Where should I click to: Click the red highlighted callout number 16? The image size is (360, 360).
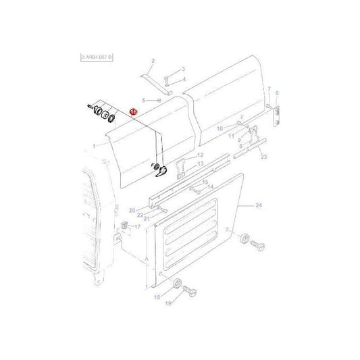tap(133, 112)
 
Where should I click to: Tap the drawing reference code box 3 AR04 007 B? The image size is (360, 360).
tap(88, 57)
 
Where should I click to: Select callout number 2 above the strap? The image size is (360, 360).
tap(153, 61)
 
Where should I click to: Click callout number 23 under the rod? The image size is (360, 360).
tap(263, 157)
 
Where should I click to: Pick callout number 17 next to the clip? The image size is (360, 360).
tap(137, 227)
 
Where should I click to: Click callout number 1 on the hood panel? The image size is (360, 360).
tap(94, 145)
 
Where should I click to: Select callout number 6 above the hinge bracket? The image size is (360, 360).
tap(277, 93)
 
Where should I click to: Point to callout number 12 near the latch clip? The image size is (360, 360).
tap(201, 155)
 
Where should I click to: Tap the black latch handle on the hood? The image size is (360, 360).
tap(161, 173)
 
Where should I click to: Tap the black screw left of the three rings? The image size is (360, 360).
tap(89, 106)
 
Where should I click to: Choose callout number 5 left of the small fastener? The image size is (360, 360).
tap(144, 100)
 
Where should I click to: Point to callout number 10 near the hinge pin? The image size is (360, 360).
tap(219, 128)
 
